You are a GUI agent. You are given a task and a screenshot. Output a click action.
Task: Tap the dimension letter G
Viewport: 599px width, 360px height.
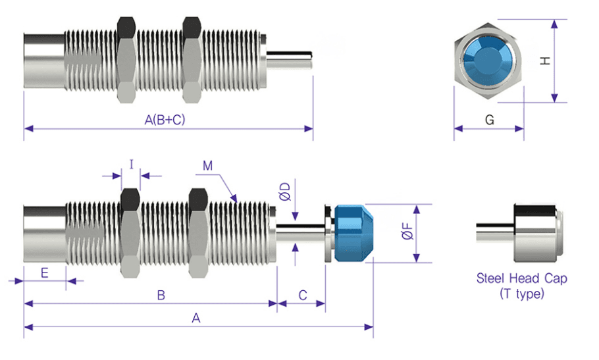[x=489, y=120]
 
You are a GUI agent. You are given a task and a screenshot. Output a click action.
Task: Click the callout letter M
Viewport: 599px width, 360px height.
[x=207, y=165]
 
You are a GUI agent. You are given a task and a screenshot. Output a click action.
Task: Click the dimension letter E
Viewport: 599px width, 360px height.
[x=44, y=272]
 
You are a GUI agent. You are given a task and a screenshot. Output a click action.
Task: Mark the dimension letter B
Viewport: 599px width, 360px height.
[x=161, y=296]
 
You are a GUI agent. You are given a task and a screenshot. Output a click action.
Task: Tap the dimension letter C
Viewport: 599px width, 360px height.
[x=303, y=296]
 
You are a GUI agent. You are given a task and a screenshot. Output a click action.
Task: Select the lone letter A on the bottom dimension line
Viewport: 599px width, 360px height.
[x=195, y=318]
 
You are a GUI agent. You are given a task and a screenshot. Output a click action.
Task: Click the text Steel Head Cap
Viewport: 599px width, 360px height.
[x=521, y=278]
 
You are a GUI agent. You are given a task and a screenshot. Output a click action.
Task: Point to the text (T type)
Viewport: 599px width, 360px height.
[x=521, y=294]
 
